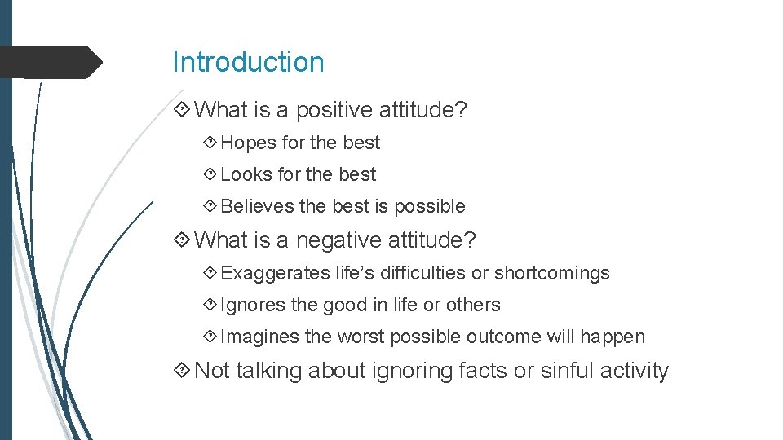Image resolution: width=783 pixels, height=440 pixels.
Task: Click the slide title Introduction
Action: [x=248, y=62]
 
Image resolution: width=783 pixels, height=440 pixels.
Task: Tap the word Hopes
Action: [x=248, y=143]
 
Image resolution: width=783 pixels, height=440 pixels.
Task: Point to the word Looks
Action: [x=247, y=174]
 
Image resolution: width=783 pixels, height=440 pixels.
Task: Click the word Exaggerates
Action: [x=275, y=273]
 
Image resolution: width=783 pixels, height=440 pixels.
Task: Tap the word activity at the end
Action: [x=634, y=371]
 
